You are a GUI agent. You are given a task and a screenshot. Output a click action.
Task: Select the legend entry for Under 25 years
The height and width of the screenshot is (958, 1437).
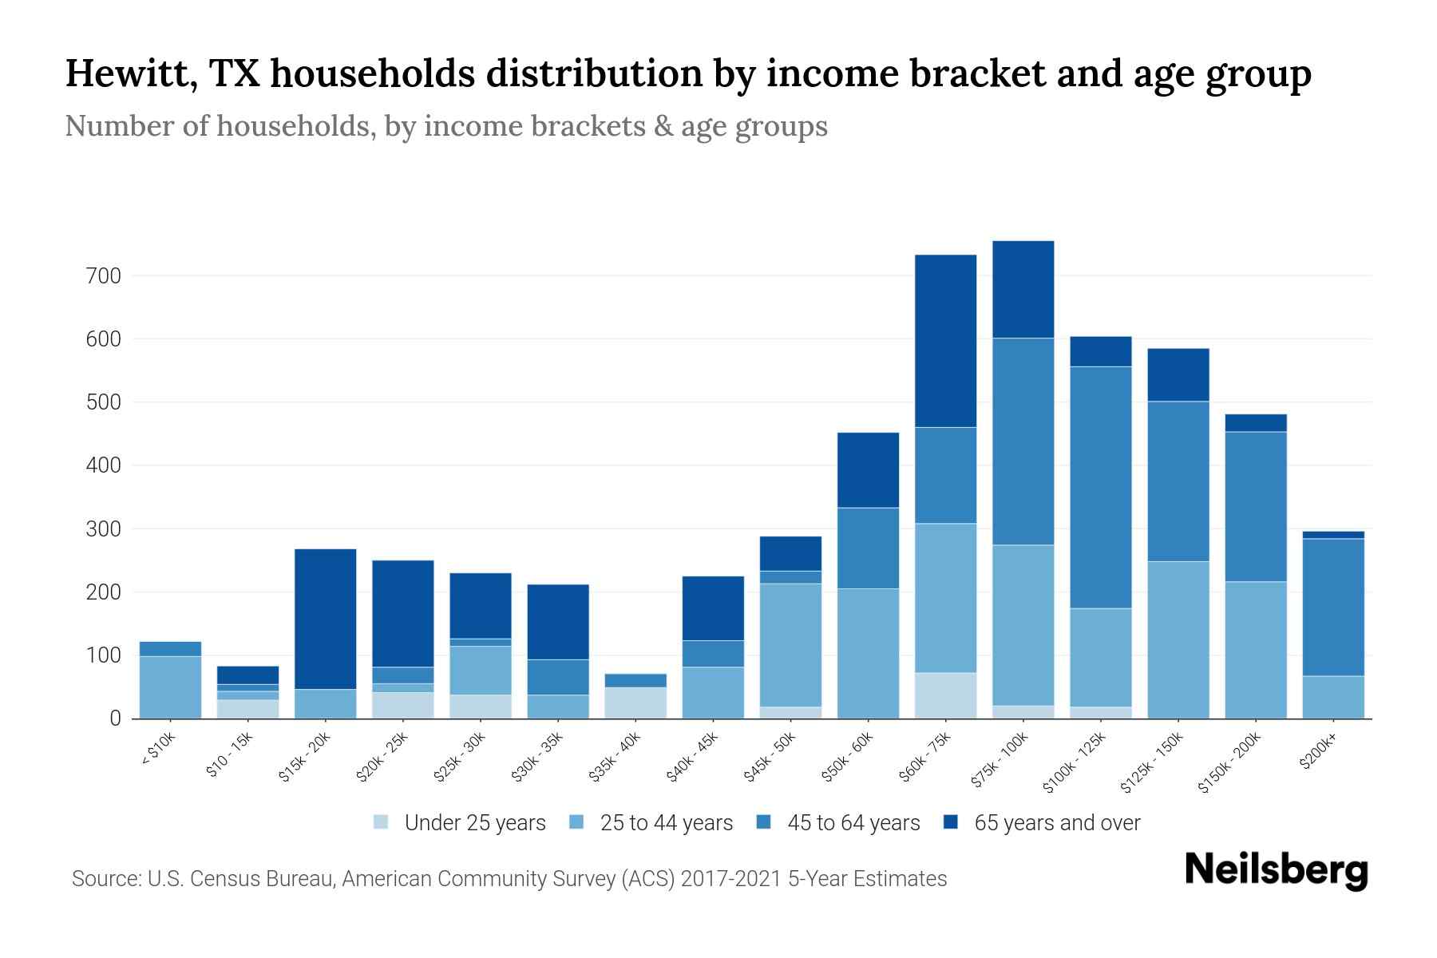(x=460, y=823)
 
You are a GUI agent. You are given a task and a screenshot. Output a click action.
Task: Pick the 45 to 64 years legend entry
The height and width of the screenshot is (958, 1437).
(x=838, y=823)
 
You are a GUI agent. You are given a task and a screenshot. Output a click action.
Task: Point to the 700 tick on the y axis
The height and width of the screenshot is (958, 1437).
(x=105, y=276)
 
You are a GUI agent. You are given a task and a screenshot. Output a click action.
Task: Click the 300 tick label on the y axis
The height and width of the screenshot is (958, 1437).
(x=105, y=529)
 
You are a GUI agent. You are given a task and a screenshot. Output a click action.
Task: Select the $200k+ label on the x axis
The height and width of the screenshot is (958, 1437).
(x=1318, y=754)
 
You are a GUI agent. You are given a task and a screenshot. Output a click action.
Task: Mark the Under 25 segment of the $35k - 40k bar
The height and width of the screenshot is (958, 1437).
(x=635, y=703)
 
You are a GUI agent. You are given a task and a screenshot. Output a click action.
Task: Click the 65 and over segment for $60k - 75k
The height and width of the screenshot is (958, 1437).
(x=945, y=341)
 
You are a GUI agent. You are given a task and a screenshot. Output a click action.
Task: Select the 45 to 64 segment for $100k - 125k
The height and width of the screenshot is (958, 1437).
(x=1100, y=487)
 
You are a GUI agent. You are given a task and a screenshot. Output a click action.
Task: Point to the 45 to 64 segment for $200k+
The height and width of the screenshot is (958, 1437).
(x=1332, y=607)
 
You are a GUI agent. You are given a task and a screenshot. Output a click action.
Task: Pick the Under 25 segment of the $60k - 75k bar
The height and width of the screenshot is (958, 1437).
(x=945, y=695)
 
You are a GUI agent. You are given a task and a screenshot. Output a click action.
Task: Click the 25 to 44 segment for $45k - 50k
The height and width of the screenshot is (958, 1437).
(x=790, y=645)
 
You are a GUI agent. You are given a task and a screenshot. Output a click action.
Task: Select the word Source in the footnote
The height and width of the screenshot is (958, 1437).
(x=104, y=879)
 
